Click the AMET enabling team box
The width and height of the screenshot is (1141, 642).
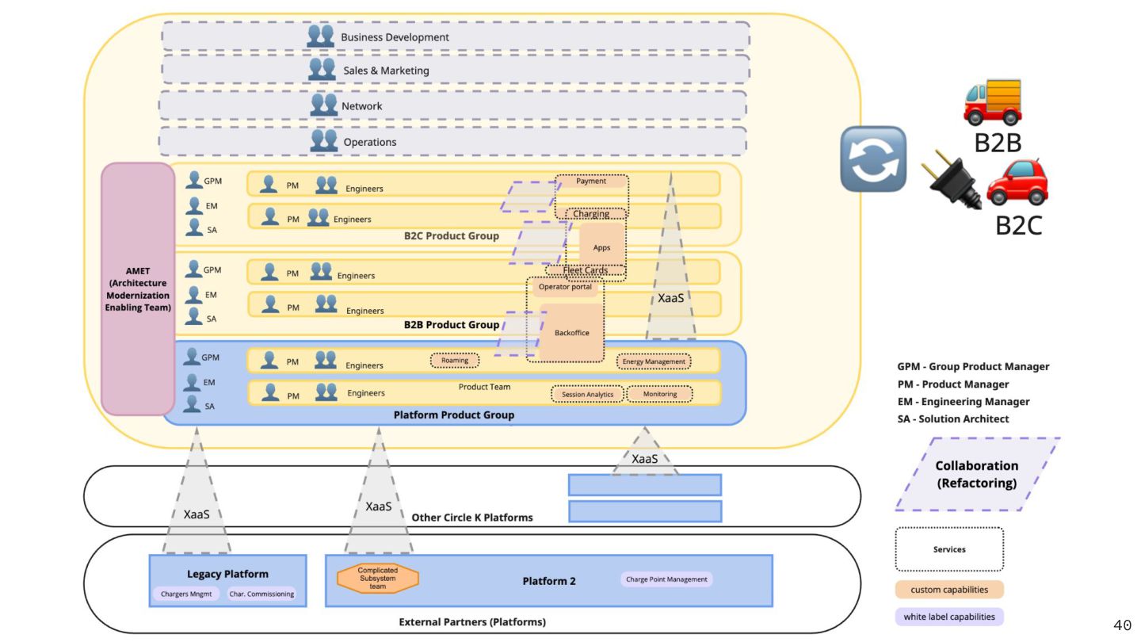(138, 289)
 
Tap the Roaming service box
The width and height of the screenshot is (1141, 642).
(455, 361)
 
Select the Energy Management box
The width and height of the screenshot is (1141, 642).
(654, 362)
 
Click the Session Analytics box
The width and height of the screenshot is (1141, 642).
(587, 394)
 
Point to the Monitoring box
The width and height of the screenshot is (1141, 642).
(660, 394)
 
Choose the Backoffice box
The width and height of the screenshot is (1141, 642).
(571, 332)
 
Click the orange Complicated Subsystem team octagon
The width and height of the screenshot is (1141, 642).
(378, 578)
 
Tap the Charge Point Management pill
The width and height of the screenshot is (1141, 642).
(666, 579)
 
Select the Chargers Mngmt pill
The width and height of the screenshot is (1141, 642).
(186, 594)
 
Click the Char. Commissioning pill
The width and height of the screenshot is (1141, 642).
(261, 594)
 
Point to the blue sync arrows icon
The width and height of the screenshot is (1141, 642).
(873, 159)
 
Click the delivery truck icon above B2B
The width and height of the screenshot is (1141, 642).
(993, 101)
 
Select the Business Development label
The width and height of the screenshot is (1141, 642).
(395, 37)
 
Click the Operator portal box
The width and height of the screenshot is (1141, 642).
(565, 287)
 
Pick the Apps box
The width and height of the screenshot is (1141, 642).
(601, 248)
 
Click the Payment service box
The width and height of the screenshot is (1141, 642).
(591, 182)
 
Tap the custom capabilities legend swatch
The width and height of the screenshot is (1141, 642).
(949, 590)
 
